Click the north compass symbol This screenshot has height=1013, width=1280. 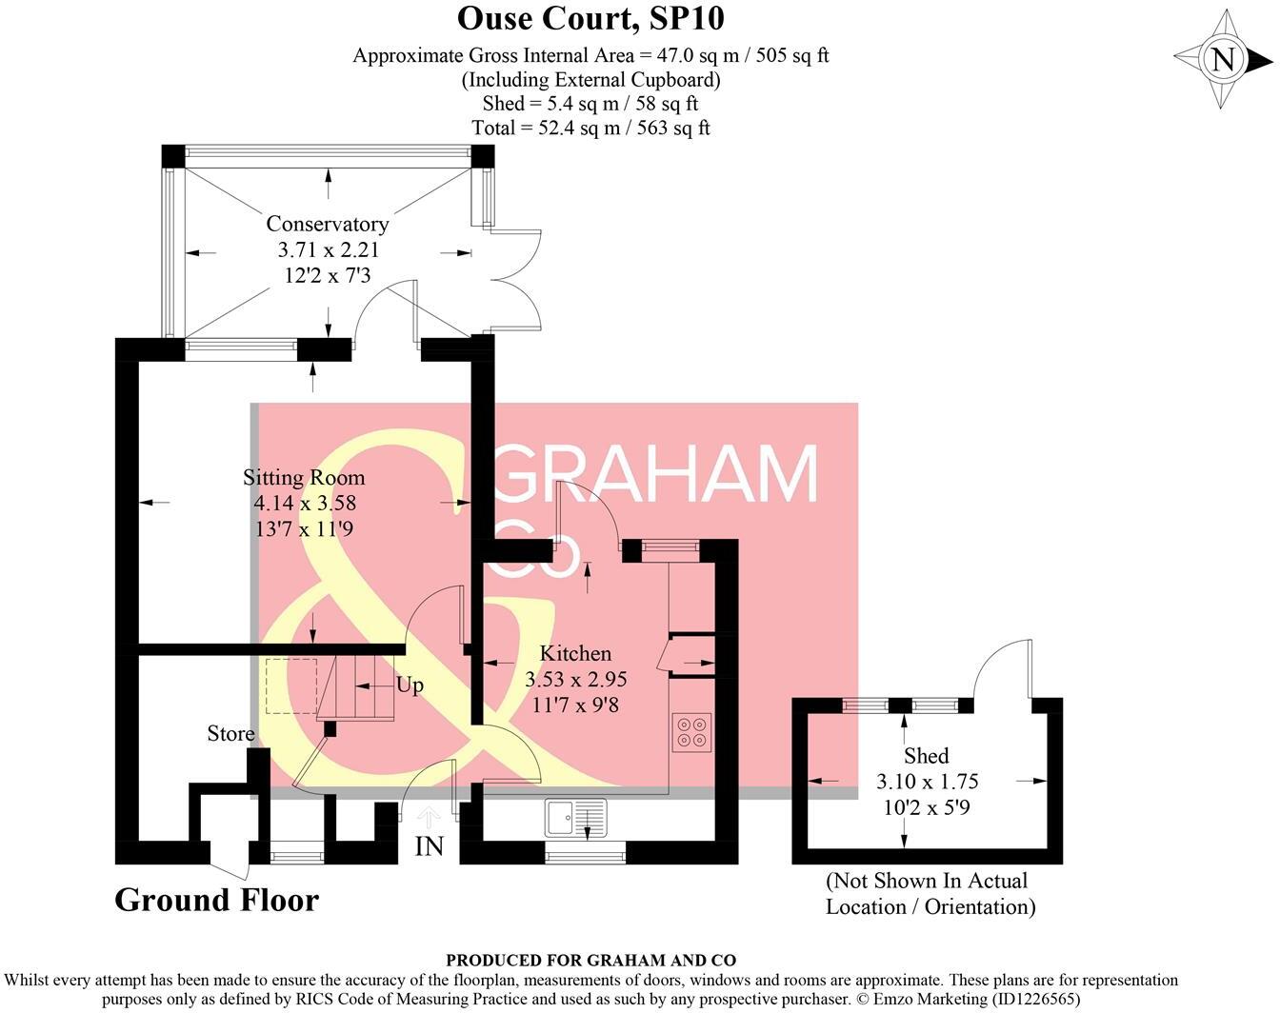tap(1223, 60)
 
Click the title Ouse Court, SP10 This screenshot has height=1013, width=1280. tap(590, 18)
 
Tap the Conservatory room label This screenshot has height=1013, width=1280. tap(327, 224)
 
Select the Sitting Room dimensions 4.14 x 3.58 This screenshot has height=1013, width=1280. tap(304, 503)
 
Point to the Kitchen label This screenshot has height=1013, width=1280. tap(575, 653)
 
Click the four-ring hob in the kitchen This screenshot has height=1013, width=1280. tap(691, 731)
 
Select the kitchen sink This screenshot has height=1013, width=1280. tap(576, 818)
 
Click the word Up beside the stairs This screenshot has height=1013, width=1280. tap(410, 685)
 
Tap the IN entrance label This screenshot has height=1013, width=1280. tap(430, 845)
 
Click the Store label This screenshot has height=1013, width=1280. tap(230, 733)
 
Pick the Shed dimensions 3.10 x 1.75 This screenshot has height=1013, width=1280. tap(927, 782)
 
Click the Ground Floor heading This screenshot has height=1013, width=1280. tap(216, 900)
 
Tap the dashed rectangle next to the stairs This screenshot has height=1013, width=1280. tap(290, 685)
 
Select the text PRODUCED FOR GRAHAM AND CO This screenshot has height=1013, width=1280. tap(590, 961)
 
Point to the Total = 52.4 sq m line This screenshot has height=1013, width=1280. tap(590, 128)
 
